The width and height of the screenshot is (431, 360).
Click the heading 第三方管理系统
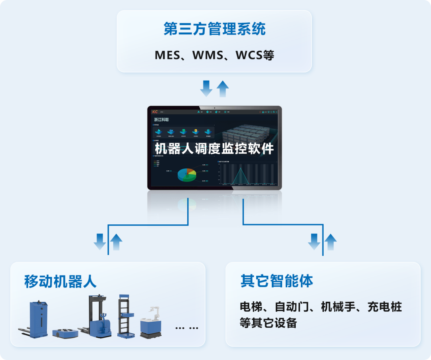(214, 29)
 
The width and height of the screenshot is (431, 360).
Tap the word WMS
(208, 55)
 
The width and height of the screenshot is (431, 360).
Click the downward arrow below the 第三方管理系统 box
(206, 88)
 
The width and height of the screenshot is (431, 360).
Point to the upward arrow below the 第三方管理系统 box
(222, 88)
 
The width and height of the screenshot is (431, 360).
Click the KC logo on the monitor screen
(155, 112)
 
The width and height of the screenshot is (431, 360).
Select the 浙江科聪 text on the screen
(162, 119)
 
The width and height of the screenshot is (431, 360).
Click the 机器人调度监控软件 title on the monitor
(214, 149)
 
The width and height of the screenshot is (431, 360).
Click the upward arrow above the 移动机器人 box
(116, 242)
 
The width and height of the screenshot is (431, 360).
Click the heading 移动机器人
(60, 281)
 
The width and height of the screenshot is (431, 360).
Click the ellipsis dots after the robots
(187, 328)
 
